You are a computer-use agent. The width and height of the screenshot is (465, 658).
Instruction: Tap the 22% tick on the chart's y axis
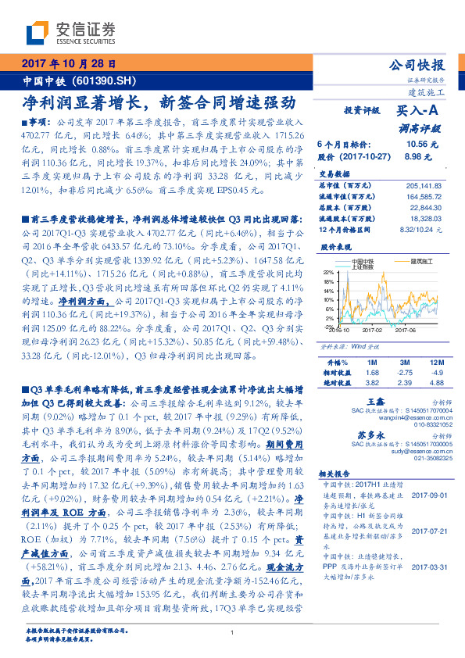[329, 272]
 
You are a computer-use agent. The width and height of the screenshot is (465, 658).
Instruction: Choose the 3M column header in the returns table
[405, 363]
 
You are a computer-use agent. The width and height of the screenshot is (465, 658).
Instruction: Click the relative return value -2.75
[404, 372]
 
